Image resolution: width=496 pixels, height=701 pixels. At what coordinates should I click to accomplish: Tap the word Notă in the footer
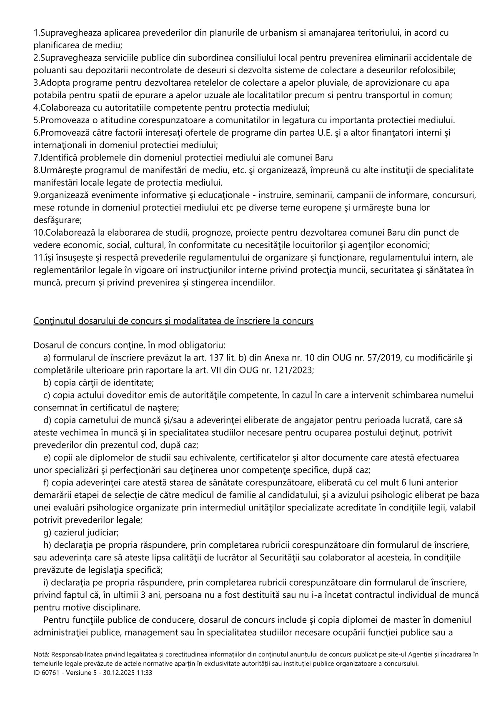tap(41, 655)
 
